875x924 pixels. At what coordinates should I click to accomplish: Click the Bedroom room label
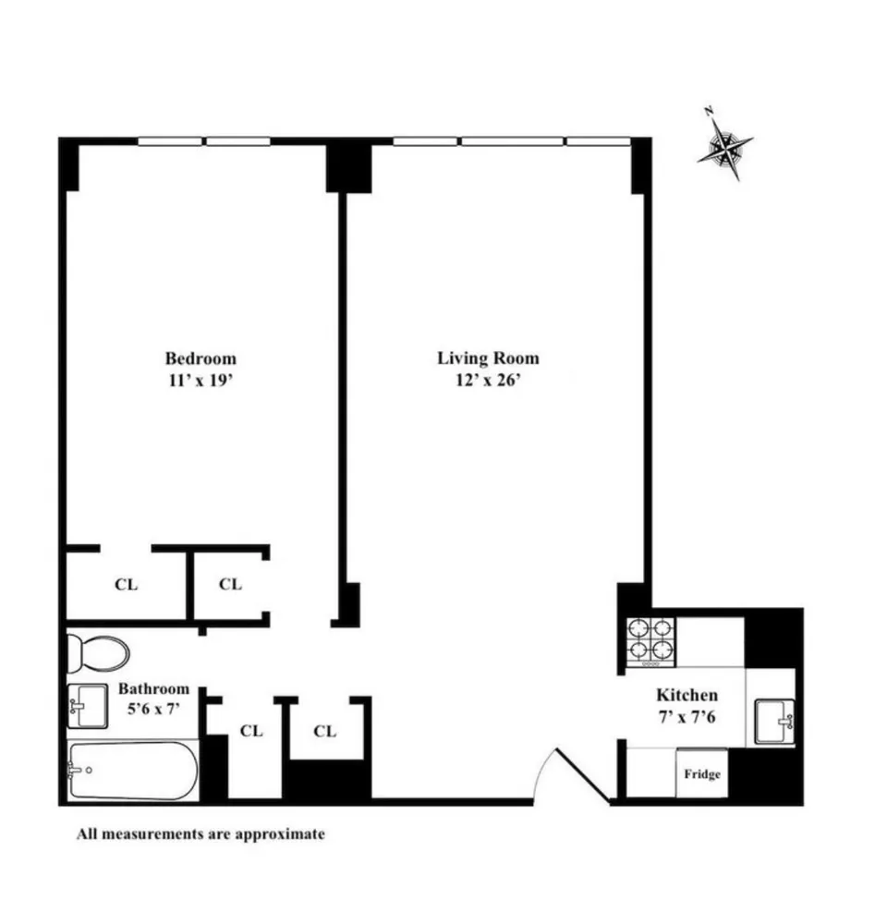201,359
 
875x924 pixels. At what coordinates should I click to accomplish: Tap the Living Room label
488,359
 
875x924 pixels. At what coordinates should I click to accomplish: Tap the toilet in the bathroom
97,654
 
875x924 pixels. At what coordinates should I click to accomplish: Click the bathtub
131,770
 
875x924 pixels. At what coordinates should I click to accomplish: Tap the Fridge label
702,774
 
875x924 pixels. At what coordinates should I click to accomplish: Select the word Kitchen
687,695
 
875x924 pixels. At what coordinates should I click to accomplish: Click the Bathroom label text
153,688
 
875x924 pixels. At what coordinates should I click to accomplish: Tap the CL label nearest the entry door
324,731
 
